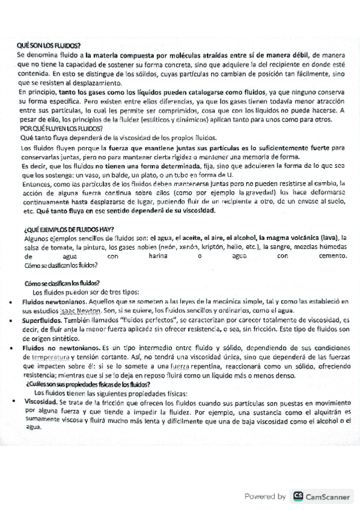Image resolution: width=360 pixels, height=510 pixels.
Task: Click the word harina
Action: point(157,255)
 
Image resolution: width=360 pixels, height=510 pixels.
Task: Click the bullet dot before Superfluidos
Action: point(13,322)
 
